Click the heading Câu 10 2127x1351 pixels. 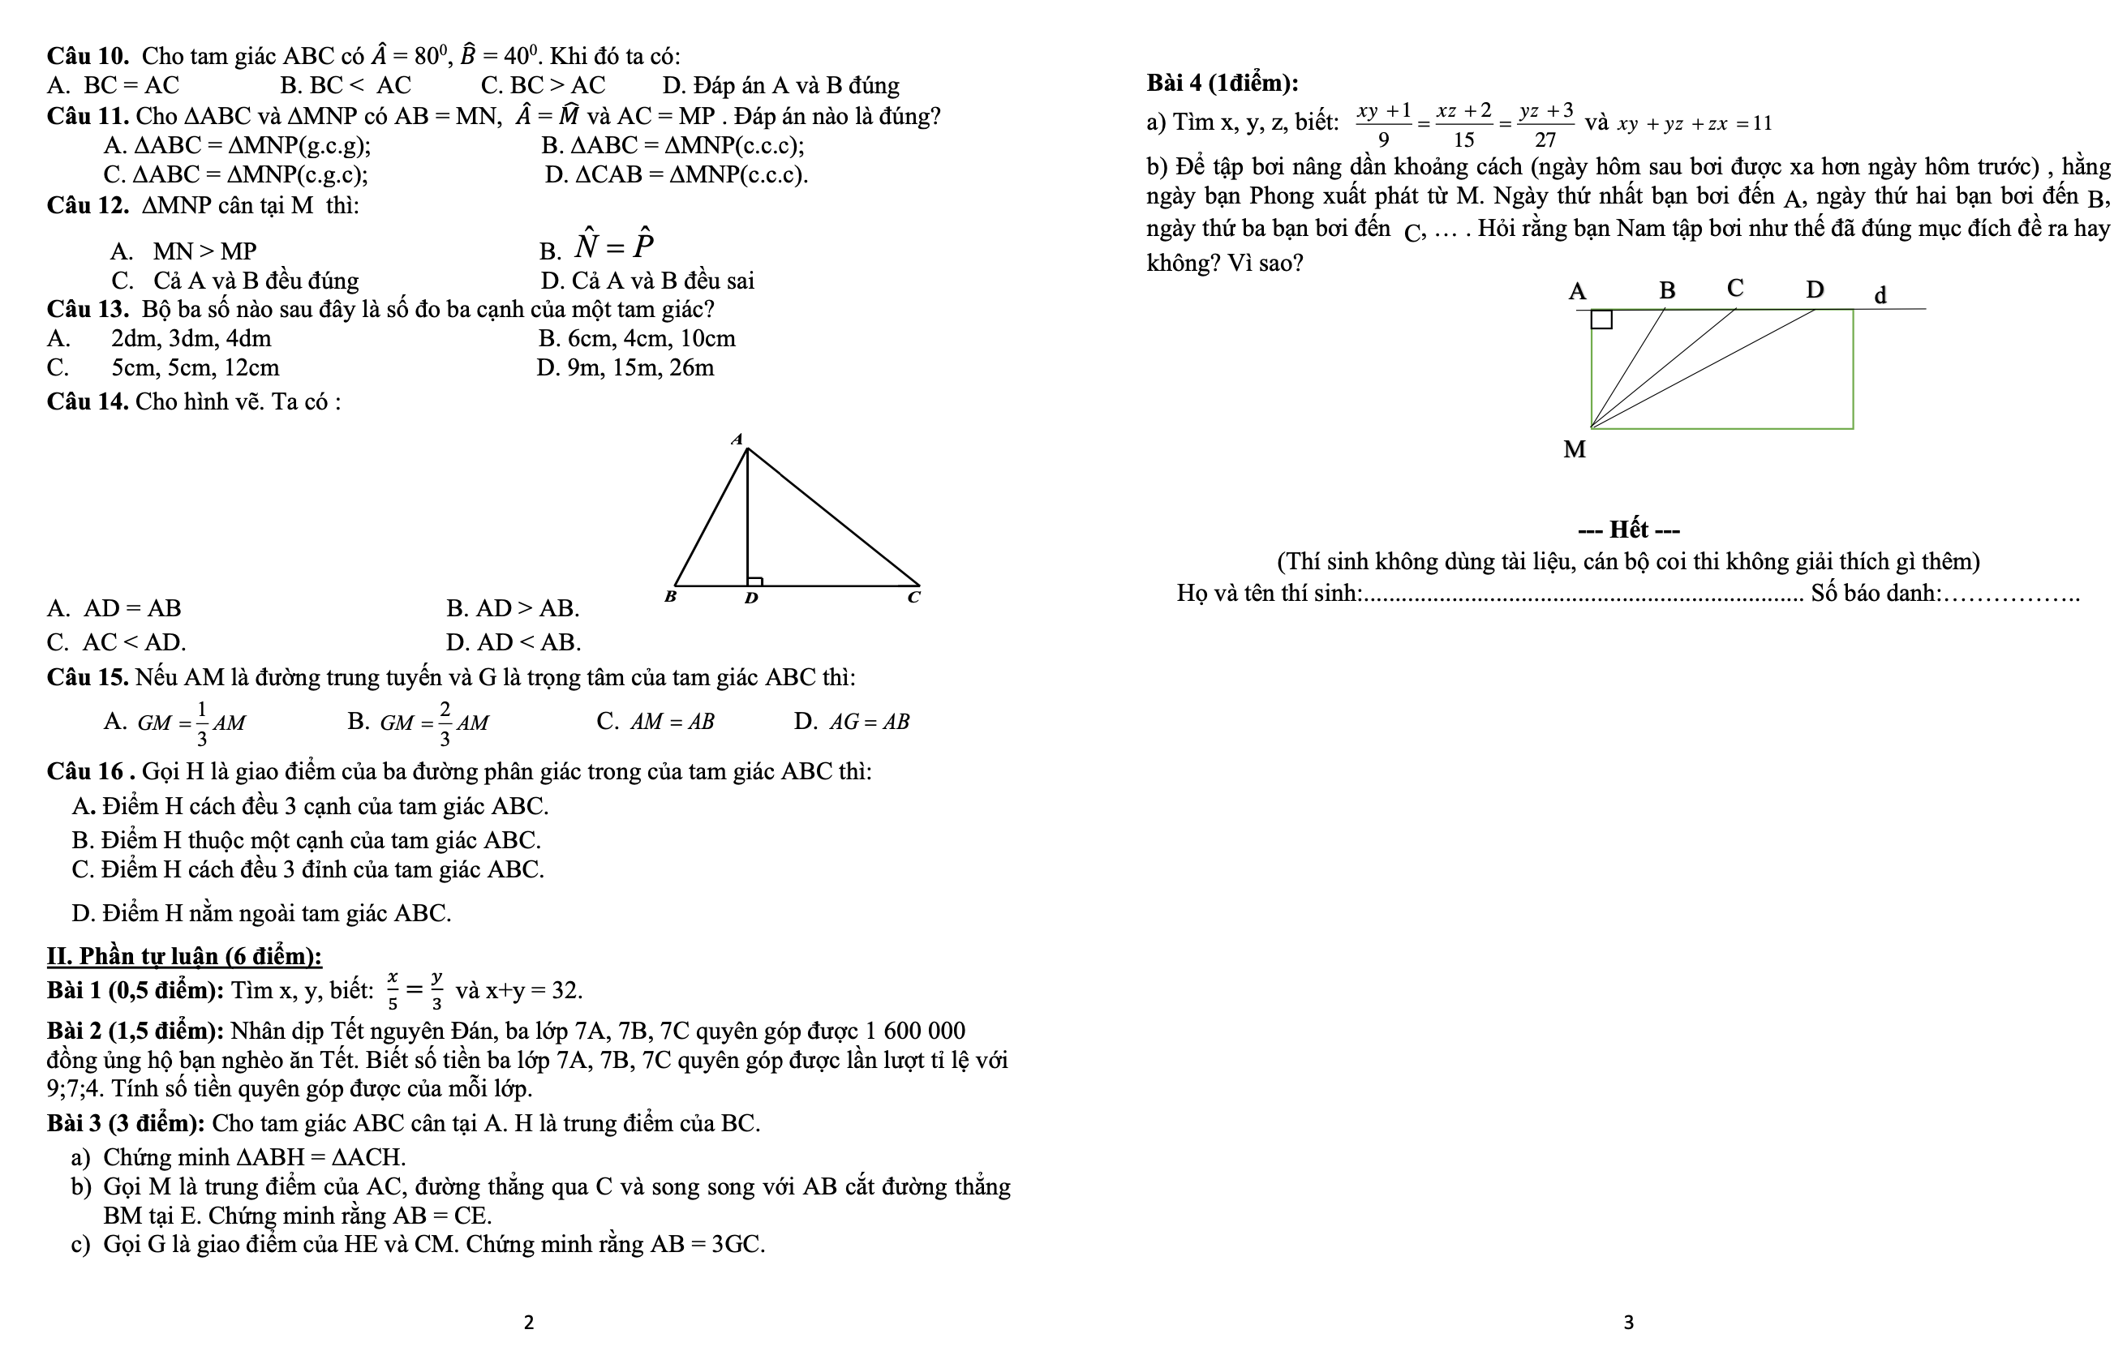[x=88, y=57]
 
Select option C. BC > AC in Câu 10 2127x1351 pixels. [x=543, y=86]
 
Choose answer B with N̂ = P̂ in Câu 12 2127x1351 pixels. [x=597, y=247]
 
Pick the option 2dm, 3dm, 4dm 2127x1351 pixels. [x=191, y=339]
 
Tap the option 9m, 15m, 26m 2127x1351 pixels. [x=625, y=368]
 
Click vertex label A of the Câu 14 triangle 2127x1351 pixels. [x=737, y=439]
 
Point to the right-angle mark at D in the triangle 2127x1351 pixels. [x=755, y=581]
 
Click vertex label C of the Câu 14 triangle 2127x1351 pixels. [x=914, y=598]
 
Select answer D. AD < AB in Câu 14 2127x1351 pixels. [x=513, y=643]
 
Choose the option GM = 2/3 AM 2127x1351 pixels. [x=419, y=723]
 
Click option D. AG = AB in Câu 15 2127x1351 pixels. [x=852, y=723]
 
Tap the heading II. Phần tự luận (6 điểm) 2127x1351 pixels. [x=183, y=956]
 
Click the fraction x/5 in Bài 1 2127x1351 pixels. [x=392, y=991]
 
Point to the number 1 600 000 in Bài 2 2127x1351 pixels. [x=915, y=1031]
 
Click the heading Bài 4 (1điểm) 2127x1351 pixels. [x=1222, y=83]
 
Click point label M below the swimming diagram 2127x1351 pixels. [x=1574, y=450]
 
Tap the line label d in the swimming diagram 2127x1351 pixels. [x=1880, y=295]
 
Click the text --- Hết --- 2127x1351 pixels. [x=1628, y=530]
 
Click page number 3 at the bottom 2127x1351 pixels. [x=1629, y=1322]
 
